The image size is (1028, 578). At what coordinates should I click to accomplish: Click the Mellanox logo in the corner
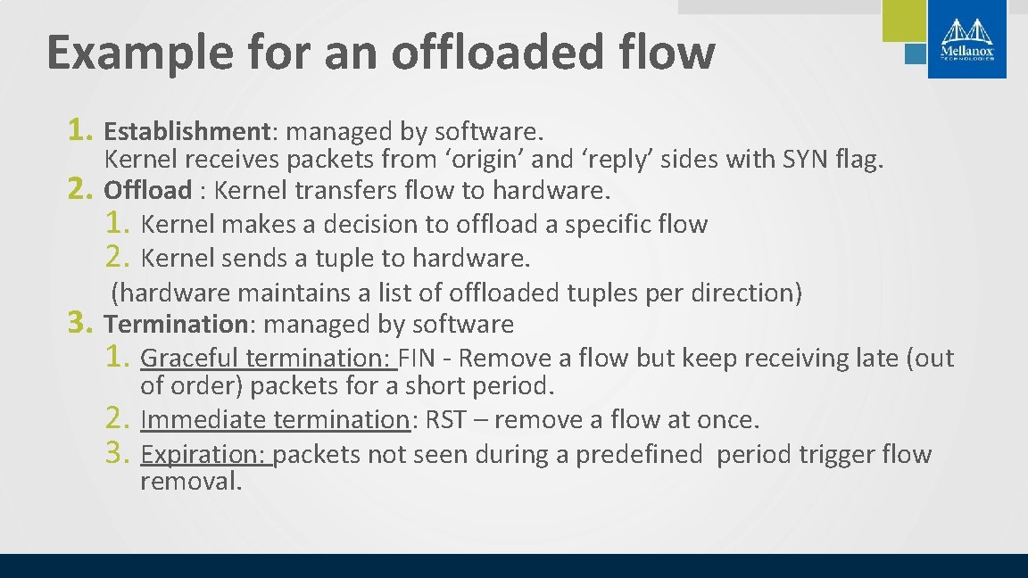pos(966,38)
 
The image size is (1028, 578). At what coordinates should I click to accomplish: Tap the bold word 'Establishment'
pos(187,132)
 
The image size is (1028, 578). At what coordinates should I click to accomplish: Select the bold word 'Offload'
pos(148,190)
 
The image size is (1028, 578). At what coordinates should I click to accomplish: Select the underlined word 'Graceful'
pos(189,359)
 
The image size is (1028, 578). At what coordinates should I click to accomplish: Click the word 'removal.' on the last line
pos(191,483)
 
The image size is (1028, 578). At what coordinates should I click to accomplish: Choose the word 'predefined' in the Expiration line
pos(639,455)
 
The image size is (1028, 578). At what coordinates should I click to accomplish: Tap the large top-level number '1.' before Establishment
pos(81,131)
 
